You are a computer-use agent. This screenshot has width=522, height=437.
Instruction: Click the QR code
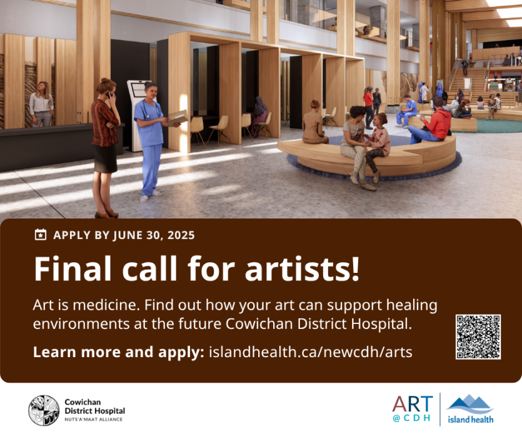pyautogui.click(x=478, y=336)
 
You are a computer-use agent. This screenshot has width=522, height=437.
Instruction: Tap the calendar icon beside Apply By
pyautogui.click(x=41, y=235)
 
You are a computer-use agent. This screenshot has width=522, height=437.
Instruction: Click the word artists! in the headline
pyautogui.click(x=303, y=268)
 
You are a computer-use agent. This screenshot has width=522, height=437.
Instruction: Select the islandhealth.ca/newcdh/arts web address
pyautogui.click(x=311, y=352)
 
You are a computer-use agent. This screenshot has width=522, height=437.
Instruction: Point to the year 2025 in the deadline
pyautogui.click(x=181, y=235)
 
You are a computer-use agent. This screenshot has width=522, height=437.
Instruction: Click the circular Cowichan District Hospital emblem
pyautogui.click(x=44, y=410)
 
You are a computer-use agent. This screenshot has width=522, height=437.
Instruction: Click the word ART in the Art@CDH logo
pyautogui.click(x=413, y=404)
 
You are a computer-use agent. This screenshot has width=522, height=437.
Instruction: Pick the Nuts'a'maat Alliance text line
pyautogui.click(x=94, y=420)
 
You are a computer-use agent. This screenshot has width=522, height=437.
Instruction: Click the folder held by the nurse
pyautogui.click(x=178, y=118)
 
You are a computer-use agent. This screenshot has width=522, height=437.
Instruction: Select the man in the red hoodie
pyautogui.click(x=431, y=121)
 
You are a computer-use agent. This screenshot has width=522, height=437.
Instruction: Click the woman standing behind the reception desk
pyautogui.click(x=41, y=104)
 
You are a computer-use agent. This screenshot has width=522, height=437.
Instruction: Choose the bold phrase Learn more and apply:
pyautogui.click(x=119, y=352)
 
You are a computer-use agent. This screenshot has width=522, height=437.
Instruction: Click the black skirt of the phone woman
pyautogui.click(x=104, y=159)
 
